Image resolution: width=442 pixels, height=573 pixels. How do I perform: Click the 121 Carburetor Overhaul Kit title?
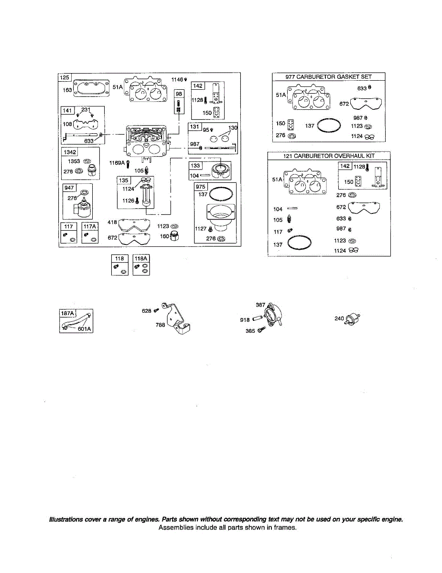coord(328,156)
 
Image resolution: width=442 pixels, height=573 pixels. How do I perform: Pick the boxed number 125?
coord(64,77)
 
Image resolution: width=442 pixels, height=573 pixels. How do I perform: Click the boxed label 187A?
coord(68,313)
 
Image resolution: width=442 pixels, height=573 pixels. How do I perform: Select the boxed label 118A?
coord(141,258)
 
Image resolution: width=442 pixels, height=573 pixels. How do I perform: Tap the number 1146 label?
coord(177,79)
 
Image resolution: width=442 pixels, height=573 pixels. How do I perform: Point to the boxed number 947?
coord(70,188)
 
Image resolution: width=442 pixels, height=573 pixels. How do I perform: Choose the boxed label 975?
coord(201,187)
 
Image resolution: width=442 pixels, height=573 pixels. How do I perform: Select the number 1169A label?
coord(117,163)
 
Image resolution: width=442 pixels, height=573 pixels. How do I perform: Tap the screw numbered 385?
coord(261,330)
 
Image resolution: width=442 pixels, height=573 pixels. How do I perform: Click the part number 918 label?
coord(245,320)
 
